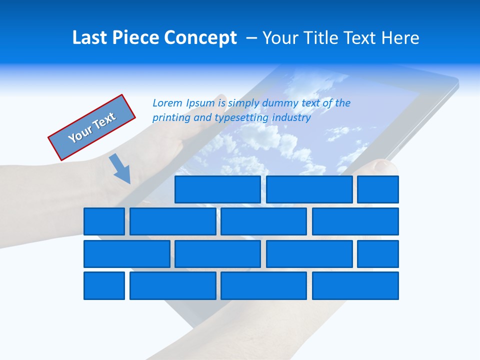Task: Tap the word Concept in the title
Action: click(201, 38)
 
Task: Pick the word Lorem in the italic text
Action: click(167, 103)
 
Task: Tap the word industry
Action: click(291, 118)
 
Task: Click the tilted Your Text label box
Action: click(92, 127)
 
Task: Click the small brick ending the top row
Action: click(378, 189)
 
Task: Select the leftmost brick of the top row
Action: click(217, 189)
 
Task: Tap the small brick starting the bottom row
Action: click(104, 285)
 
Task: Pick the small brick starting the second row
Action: click(104, 221)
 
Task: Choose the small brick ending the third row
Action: click(378, 253)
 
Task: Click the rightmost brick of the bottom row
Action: click(355, 285)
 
